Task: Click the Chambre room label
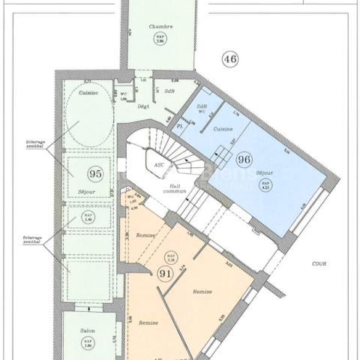pyautogui.click(x=160, y=26)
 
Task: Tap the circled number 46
pyautogui.click(x=229, y=58)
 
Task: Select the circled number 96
pyautogui.click(x=244, y=159)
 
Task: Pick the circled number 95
pyautogui.click(x=94, y=173)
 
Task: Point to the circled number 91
pyautogui.click(x=163, y=274)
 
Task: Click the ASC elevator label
pyautogui.click(x=158, y=164)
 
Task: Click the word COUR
pyautogui.click(x=323, y=264)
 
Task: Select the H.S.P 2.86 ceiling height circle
pyautogui.click(x=160, y=40)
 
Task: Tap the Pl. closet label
pyautogui.click(x=180, y=127)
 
